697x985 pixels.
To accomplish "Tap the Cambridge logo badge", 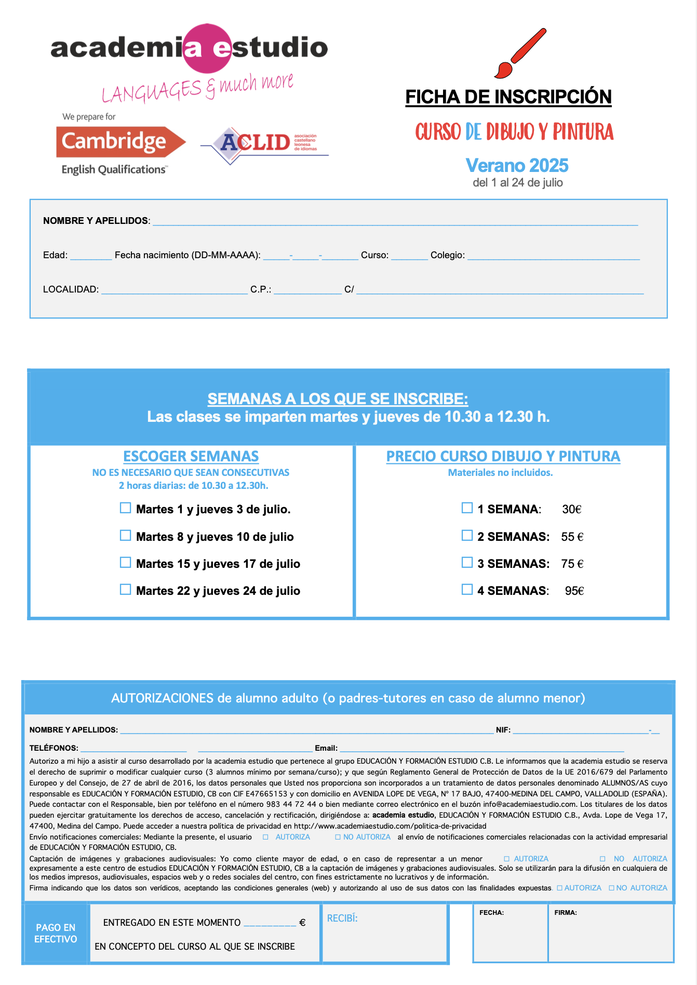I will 120,142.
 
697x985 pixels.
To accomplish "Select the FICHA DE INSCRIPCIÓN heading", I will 508,97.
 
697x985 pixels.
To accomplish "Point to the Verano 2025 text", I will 517,166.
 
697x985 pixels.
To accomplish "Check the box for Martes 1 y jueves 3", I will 125,508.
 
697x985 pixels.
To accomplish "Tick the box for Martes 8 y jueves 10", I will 125,536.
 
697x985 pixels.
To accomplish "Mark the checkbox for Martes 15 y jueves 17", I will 125,563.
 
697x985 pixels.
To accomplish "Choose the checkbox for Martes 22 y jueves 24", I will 125,590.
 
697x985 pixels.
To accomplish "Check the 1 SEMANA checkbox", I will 467,508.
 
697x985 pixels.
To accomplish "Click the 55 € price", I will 572,537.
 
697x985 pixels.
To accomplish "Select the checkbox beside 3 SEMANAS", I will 467,563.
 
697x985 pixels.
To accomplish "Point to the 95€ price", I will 574,591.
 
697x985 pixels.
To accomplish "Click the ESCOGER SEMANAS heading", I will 191,456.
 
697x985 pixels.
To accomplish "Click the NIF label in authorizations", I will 503,730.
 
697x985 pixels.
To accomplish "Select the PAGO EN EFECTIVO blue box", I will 56,933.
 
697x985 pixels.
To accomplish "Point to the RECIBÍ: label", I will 342,919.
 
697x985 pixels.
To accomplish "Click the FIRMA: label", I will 566,913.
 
